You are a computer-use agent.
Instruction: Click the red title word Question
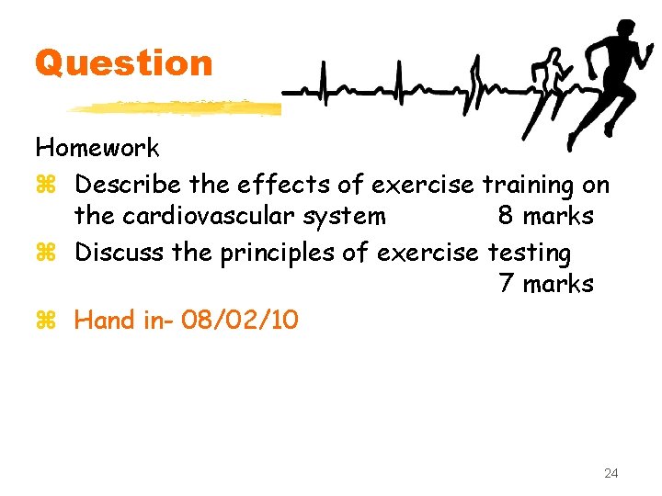pos(124,63)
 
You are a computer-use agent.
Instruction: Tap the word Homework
pos(97,148)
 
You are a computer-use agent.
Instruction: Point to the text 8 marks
pos(545,217)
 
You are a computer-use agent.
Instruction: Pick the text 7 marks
pos(545,284)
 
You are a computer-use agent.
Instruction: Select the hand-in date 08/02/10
pos(240,321)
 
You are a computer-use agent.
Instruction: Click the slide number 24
pos(611,473)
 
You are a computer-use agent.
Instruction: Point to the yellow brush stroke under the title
pos(175,107)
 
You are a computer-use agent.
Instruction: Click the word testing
pos(530,252)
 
